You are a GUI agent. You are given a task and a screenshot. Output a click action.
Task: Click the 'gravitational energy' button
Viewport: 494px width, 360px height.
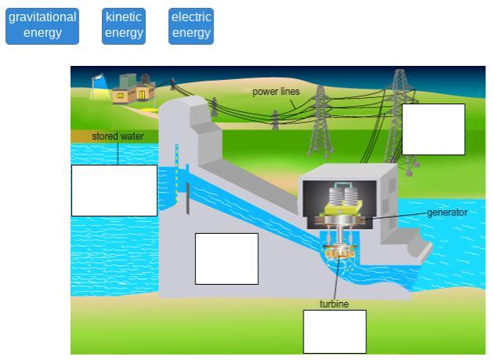[42, 25]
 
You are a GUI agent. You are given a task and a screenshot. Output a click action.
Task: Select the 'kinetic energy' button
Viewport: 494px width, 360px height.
[124, 25]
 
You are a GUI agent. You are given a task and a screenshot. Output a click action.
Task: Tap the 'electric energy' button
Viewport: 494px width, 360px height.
[191, 25]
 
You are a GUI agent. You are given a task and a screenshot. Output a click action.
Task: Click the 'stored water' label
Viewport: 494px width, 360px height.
[118, 136]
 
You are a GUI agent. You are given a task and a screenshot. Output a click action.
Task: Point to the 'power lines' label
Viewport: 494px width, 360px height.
[276, 92]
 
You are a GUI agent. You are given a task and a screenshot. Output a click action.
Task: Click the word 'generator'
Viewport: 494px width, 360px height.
[447, 213]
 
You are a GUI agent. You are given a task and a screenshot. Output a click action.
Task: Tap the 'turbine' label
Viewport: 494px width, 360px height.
[334, 304]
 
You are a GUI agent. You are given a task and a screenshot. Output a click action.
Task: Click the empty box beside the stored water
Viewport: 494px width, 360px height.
[114, 190]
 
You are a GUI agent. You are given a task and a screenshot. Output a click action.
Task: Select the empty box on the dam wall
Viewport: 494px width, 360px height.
[227, 258]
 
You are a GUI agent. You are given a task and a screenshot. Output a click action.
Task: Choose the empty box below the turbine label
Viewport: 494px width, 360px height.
[335, 331]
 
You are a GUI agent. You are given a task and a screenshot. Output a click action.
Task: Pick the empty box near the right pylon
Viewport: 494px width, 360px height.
[434, 129]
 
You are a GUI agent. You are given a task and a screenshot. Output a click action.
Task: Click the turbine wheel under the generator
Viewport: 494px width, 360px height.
[340, 252]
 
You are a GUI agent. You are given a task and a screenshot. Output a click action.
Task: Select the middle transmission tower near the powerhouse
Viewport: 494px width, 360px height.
[319, 122]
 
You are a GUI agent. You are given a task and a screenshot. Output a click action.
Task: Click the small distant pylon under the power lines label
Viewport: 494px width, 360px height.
[275, 120]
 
